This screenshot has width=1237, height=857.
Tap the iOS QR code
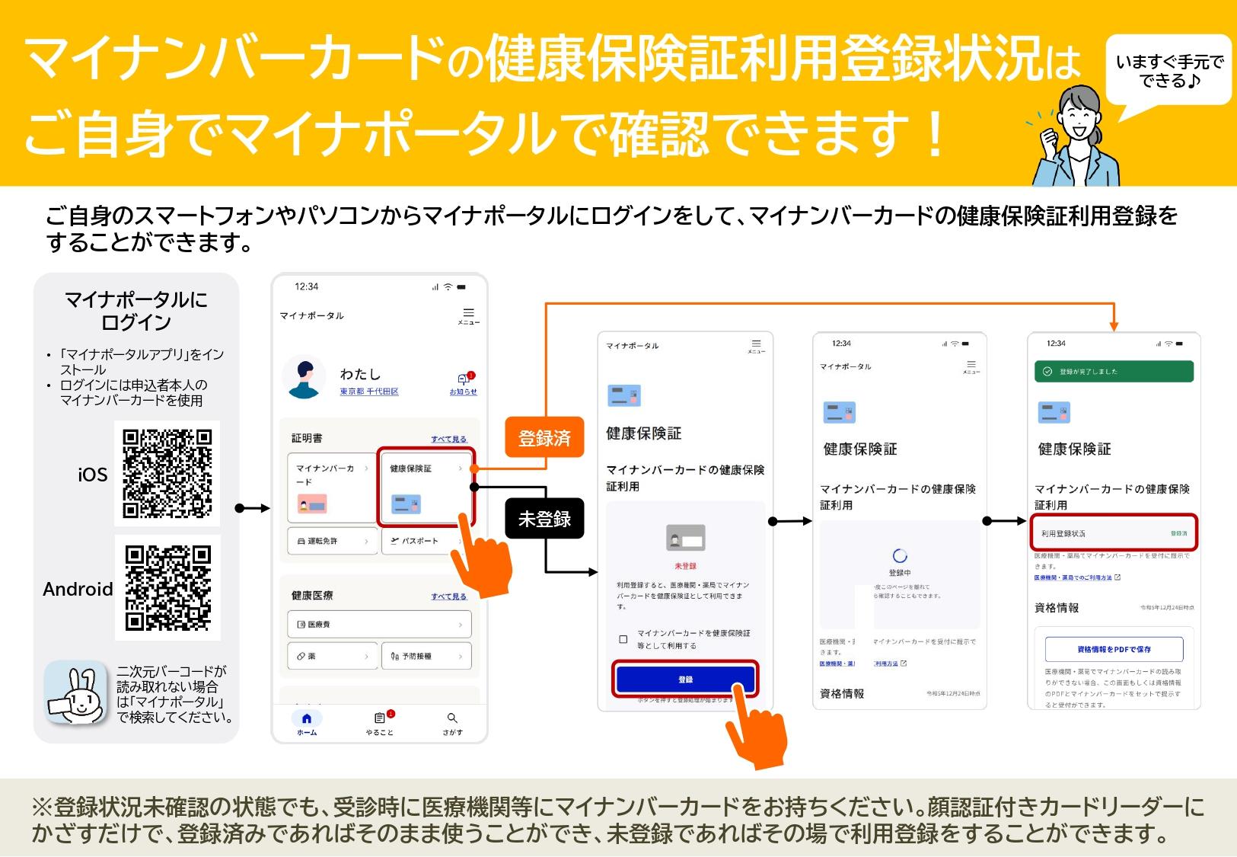pyautogui.click(x=167, y=472)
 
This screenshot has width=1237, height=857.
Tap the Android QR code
pyautogui.click(x=167, y=587)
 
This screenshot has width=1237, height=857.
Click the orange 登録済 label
pyautogui.click(x=544, y=437)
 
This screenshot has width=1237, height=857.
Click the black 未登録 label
pyautogui.click(x=544, y=519)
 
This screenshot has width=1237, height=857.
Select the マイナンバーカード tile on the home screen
pyautogui.click(x=332, y=488)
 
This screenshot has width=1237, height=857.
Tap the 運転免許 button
pyautogui.click(x=332, y=541)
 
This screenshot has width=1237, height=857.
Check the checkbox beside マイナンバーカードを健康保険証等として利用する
pyautogui.click(x=623, y=639)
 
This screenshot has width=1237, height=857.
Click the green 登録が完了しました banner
pyautogui.click(x=1113, y=372)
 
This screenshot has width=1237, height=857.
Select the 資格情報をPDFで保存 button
pyautogui.click(x=1114, y=650)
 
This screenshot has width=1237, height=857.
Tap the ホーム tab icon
pyautogui.click(x=307, y=718)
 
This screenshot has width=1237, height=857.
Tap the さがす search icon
pyautogui.click(x=452, y=718)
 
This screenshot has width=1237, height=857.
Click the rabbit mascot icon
pyautogui.click(x=75, y=692)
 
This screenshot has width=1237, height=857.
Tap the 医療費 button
pyautogui.click(x=379, y=625)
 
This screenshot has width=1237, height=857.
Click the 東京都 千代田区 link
pyautogui.click(x=369, y=392)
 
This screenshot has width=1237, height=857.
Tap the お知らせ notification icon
pyautogui.click(x=463, y=380)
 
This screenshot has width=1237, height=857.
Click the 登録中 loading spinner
pyautogui.click(x=900, y=556)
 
